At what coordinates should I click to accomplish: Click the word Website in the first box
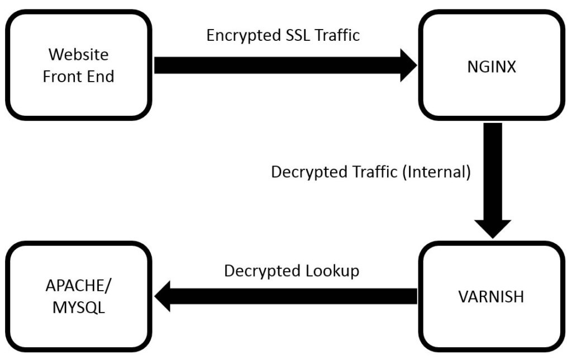click(78, 55)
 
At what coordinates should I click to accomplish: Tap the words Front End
click(78, 77)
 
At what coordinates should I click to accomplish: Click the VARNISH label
click(491, 296)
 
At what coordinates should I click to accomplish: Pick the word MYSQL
click(79, 307)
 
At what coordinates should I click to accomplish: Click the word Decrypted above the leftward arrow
click(261, 271)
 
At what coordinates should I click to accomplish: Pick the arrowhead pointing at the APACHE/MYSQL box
click(163, 296)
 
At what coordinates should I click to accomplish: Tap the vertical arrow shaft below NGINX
click(493, 168)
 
